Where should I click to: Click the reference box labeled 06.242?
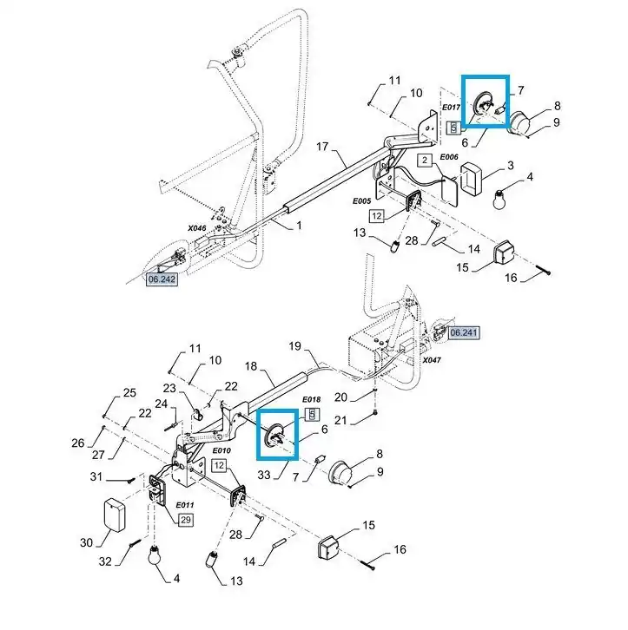(162, 279)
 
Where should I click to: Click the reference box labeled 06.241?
(464, 332)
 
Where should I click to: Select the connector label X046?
(197, 228)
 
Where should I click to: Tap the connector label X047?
(432, 360)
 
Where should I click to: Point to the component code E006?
(449, 157)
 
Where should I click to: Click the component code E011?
(185, 505)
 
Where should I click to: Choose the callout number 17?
(322, 147)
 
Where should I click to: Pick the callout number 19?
(294, 346)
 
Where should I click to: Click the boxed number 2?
(425, 161)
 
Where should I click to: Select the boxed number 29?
(185, 520)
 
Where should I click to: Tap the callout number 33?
(264, 475)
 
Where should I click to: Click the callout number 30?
(87, 543)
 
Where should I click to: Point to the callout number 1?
(299, 226)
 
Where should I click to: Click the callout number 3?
(510, 166)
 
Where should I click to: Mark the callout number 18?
(251, 366)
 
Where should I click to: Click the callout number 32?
(105, 561)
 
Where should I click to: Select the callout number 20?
(340, 397)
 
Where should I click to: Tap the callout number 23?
(169, 388)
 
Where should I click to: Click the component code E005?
(362, 201)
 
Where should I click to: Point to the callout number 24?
(162, 404)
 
